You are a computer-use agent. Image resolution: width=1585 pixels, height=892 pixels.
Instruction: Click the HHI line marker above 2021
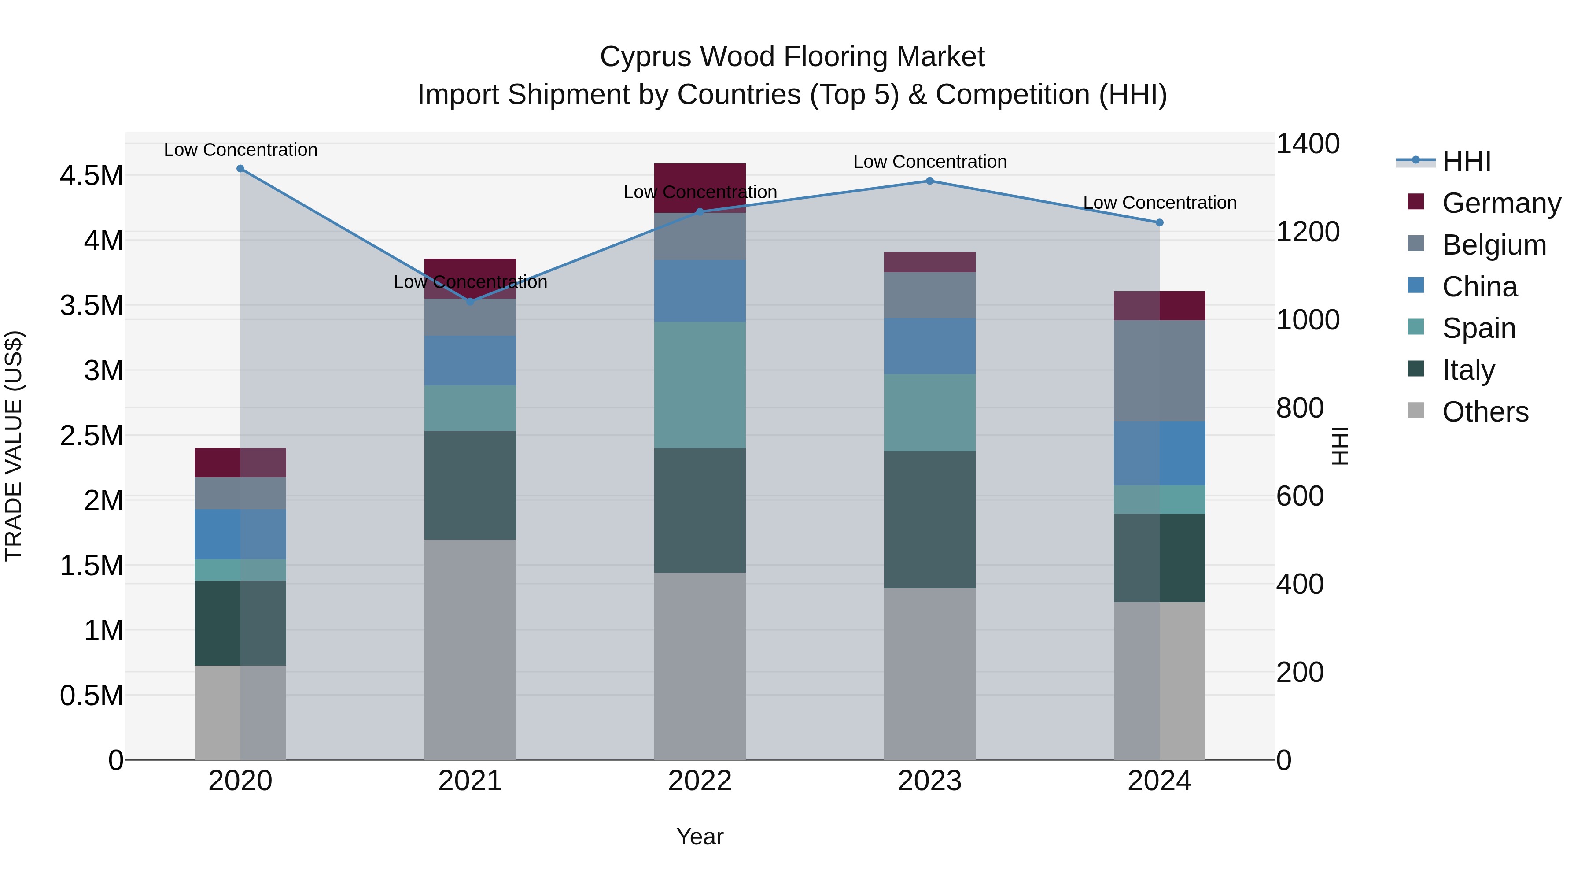pos(470,302)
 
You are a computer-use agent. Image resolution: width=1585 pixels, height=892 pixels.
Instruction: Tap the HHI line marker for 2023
pos(930,181)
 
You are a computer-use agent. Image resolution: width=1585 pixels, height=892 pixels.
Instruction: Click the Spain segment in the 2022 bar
pos(700,385)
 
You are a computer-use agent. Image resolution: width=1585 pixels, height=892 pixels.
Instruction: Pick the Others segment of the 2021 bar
pos(470,649)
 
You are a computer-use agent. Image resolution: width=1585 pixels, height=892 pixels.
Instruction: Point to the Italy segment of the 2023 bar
pos(930,520)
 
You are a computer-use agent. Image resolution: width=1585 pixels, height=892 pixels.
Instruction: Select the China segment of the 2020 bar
pos(240,534)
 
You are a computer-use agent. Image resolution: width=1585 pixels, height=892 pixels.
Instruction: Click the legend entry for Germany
pos(1501,203)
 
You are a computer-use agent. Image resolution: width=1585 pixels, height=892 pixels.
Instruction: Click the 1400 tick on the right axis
pos(1308,144)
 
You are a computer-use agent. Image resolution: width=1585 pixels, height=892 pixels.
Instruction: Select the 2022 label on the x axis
pos(700,781)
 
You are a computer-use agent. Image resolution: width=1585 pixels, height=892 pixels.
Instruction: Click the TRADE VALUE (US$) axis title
pos(14,446)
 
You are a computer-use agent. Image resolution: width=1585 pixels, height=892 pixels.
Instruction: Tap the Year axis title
pos(700,836)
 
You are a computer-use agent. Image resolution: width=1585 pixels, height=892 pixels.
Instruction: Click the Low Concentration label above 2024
pos(1159,203)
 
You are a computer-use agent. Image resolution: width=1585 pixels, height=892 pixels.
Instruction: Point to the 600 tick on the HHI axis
pos(1300,496)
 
